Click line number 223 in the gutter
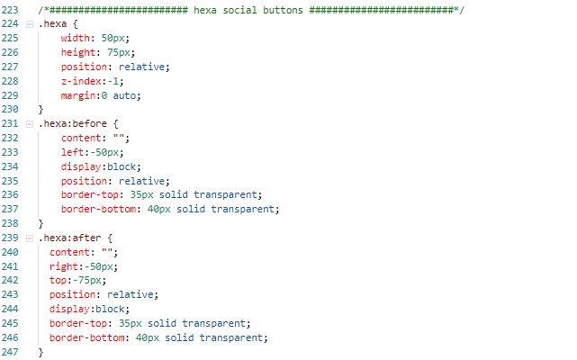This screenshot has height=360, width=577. click(11, 9)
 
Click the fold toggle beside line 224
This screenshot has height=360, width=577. click(30, 23)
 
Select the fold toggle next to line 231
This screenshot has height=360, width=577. click(30, 123)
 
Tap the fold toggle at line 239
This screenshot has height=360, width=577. click(30, 238)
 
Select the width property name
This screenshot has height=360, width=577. click(75, 38)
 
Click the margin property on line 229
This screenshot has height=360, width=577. click(78, 94)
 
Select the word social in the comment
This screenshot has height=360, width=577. click(240, 9)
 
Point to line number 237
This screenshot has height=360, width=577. click(11, 209)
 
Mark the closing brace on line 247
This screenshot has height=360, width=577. click(41, 352)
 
